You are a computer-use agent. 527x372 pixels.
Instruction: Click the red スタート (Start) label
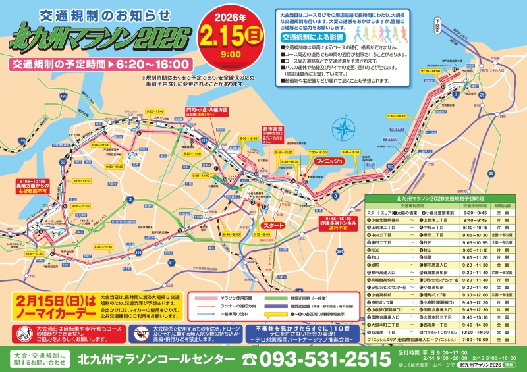[273, 225]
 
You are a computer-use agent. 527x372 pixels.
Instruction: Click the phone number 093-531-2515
[317, 359]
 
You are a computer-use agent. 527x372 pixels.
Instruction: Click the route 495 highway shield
[63, 96]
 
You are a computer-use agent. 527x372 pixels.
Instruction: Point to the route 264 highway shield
[339, 251]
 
